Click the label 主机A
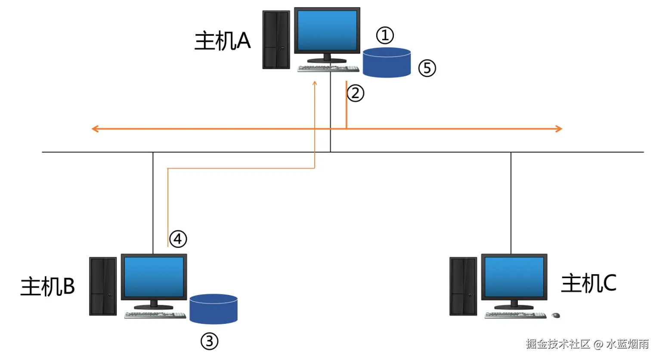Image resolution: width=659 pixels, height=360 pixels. pos(222,41)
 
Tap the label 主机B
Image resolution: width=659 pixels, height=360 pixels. pos(47,286)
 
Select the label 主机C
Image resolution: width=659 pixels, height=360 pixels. pos(588,283)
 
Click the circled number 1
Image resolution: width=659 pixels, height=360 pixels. pos(385,35)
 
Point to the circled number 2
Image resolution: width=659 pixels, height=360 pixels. pos(356,93)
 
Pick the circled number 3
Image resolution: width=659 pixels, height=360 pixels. pos(210,341)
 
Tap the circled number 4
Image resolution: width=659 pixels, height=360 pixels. pos(178,239)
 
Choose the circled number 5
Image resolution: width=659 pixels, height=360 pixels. pos(427,68)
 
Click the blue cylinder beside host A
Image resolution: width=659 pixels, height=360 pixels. pos(387,63)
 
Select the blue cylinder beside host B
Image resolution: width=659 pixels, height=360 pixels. pos(213,309)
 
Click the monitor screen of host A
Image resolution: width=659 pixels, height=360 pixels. pos(327,30)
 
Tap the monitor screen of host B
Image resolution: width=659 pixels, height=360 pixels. pos(154,277)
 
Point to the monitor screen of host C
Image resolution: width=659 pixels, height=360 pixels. pos(514,277)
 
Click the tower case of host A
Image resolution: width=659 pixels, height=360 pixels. pos(276,40)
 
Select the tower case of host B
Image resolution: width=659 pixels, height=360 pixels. pos(103,286)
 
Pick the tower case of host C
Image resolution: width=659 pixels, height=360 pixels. pos(463,286)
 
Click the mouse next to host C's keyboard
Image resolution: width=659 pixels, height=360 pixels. pos(556,316)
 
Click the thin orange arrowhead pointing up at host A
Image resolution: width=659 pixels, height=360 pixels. pos(315,83)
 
